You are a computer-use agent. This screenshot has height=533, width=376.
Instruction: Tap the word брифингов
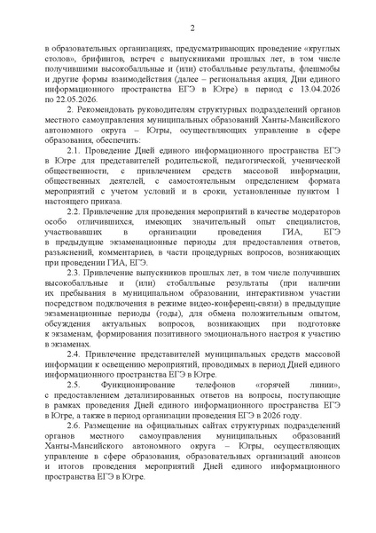click(x=99, y=60)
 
